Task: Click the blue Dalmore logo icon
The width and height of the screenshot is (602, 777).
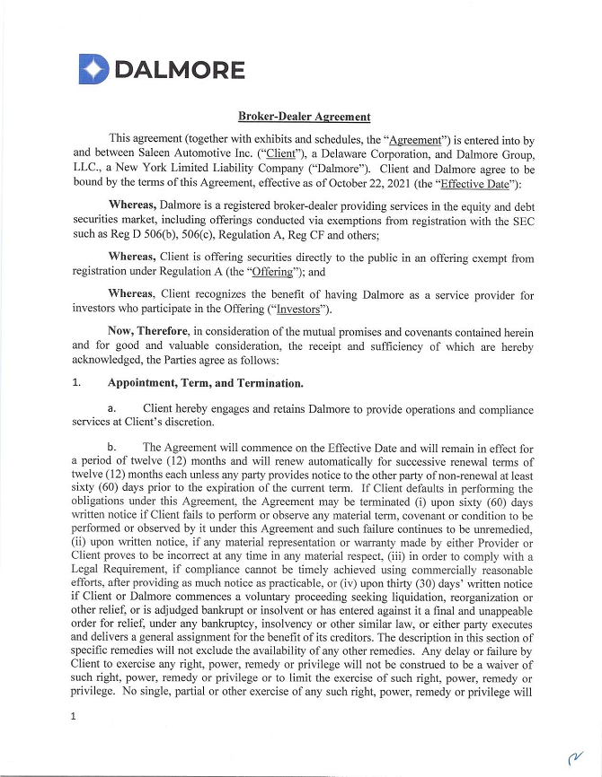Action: pos(93,69)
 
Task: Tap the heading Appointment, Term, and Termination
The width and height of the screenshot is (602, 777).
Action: pos(205,383)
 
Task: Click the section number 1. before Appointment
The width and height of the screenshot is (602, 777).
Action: pos(77,383)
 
